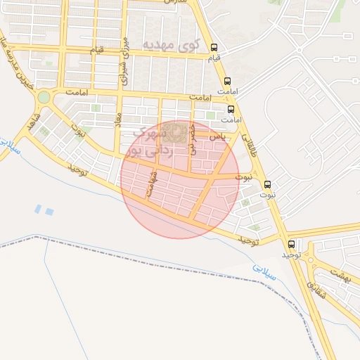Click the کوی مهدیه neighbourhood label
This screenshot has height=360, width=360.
(x=172, y=45)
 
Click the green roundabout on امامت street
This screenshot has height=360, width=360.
(x=44, y=97)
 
